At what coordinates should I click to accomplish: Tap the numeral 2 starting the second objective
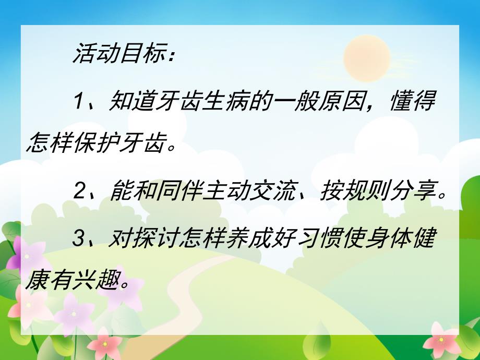click(79, 193)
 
